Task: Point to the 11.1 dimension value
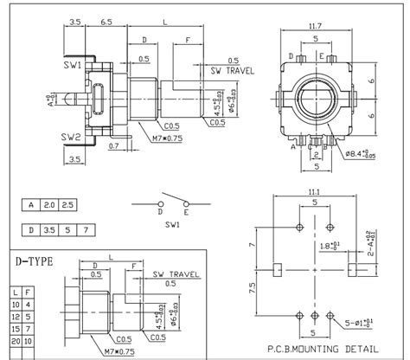(315, 192)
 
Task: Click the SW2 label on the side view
(71, 138)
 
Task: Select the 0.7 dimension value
(113, 147)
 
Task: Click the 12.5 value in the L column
(16, 317)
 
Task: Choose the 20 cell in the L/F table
(16, 341)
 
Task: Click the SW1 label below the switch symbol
(174, 224)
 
